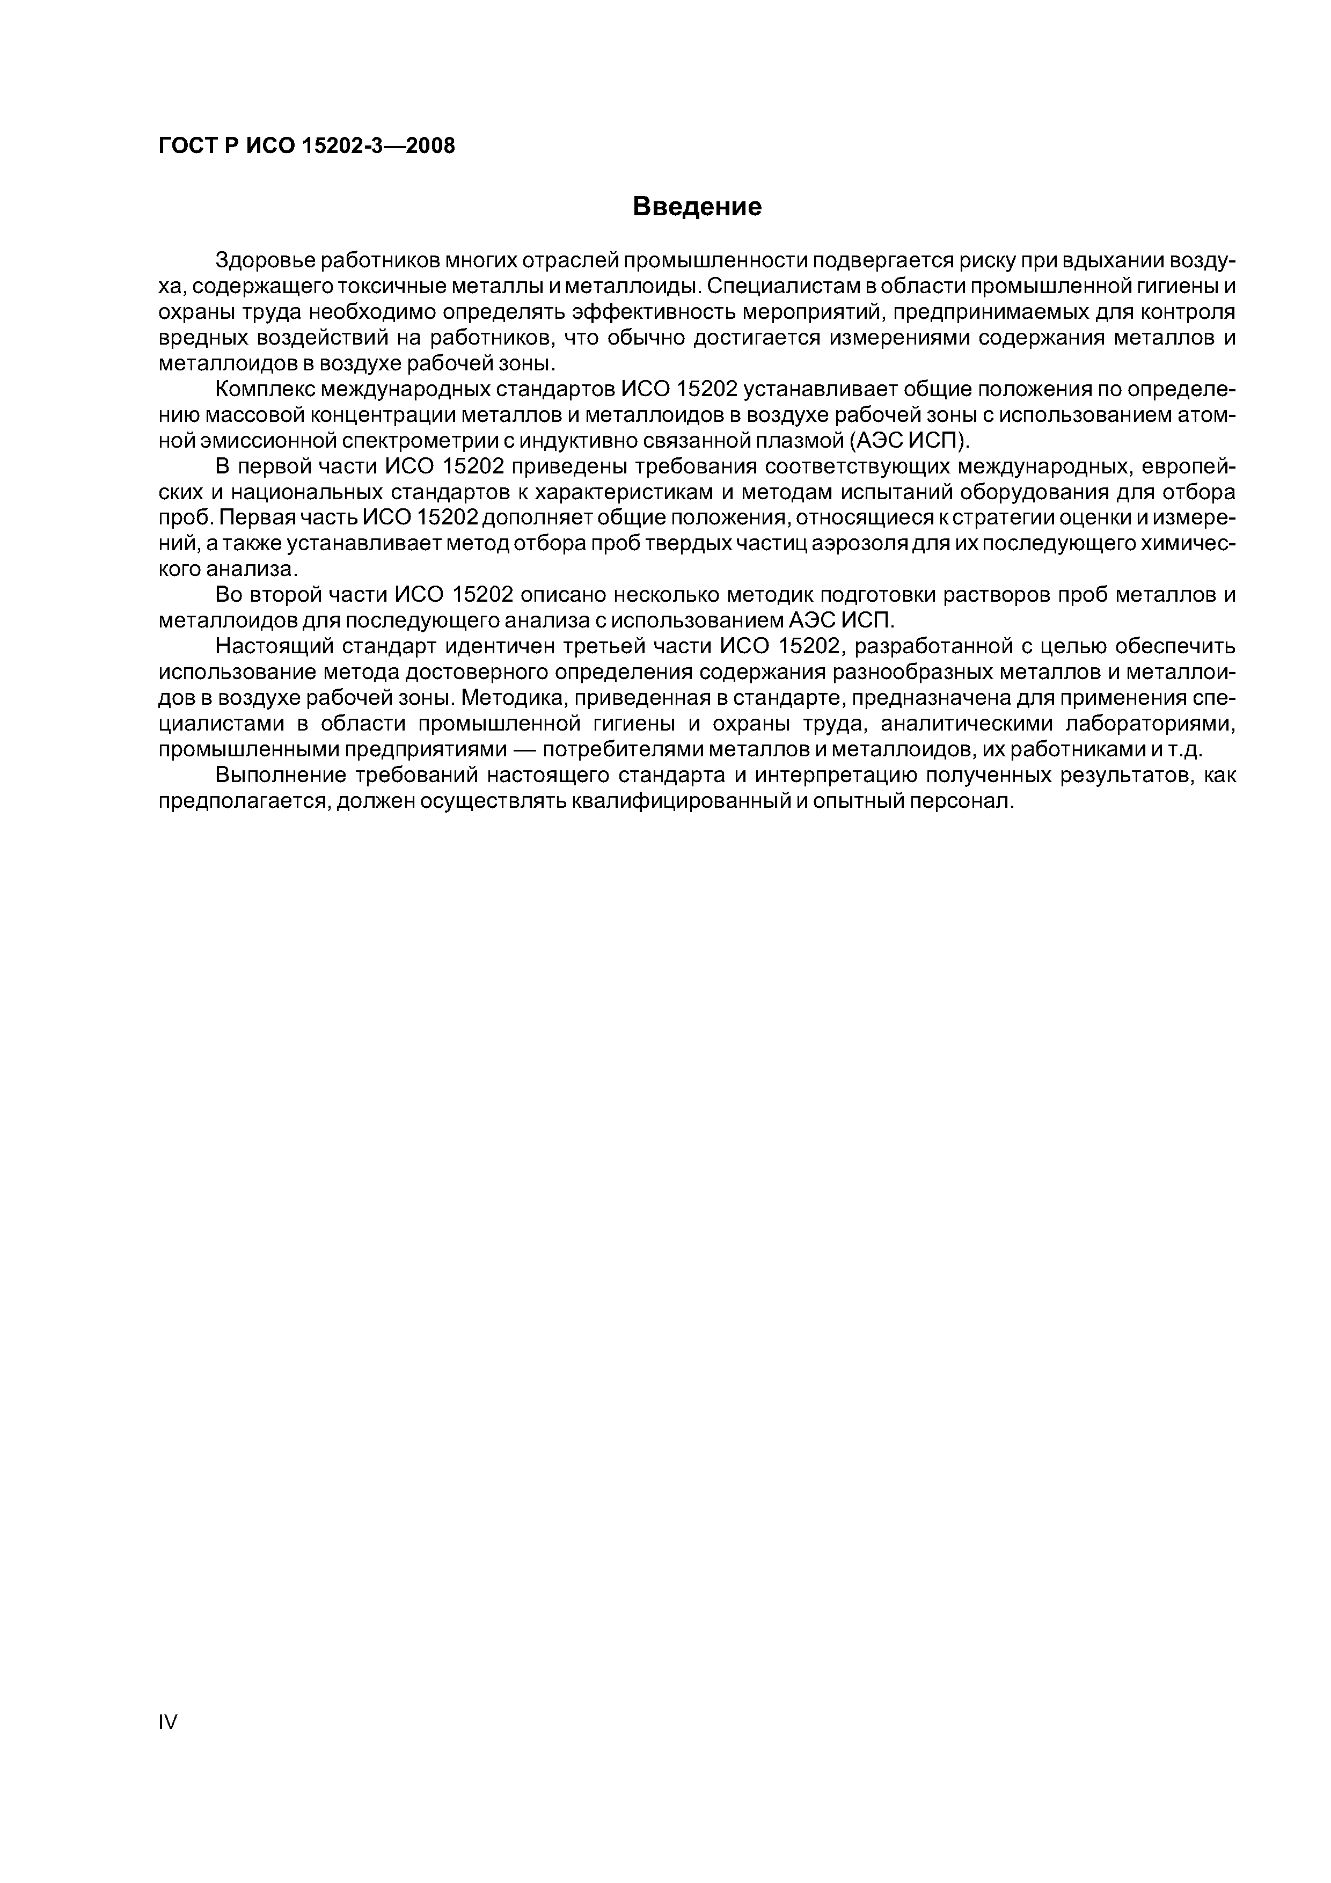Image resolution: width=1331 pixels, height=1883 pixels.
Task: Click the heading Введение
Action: [x=697, y=207]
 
